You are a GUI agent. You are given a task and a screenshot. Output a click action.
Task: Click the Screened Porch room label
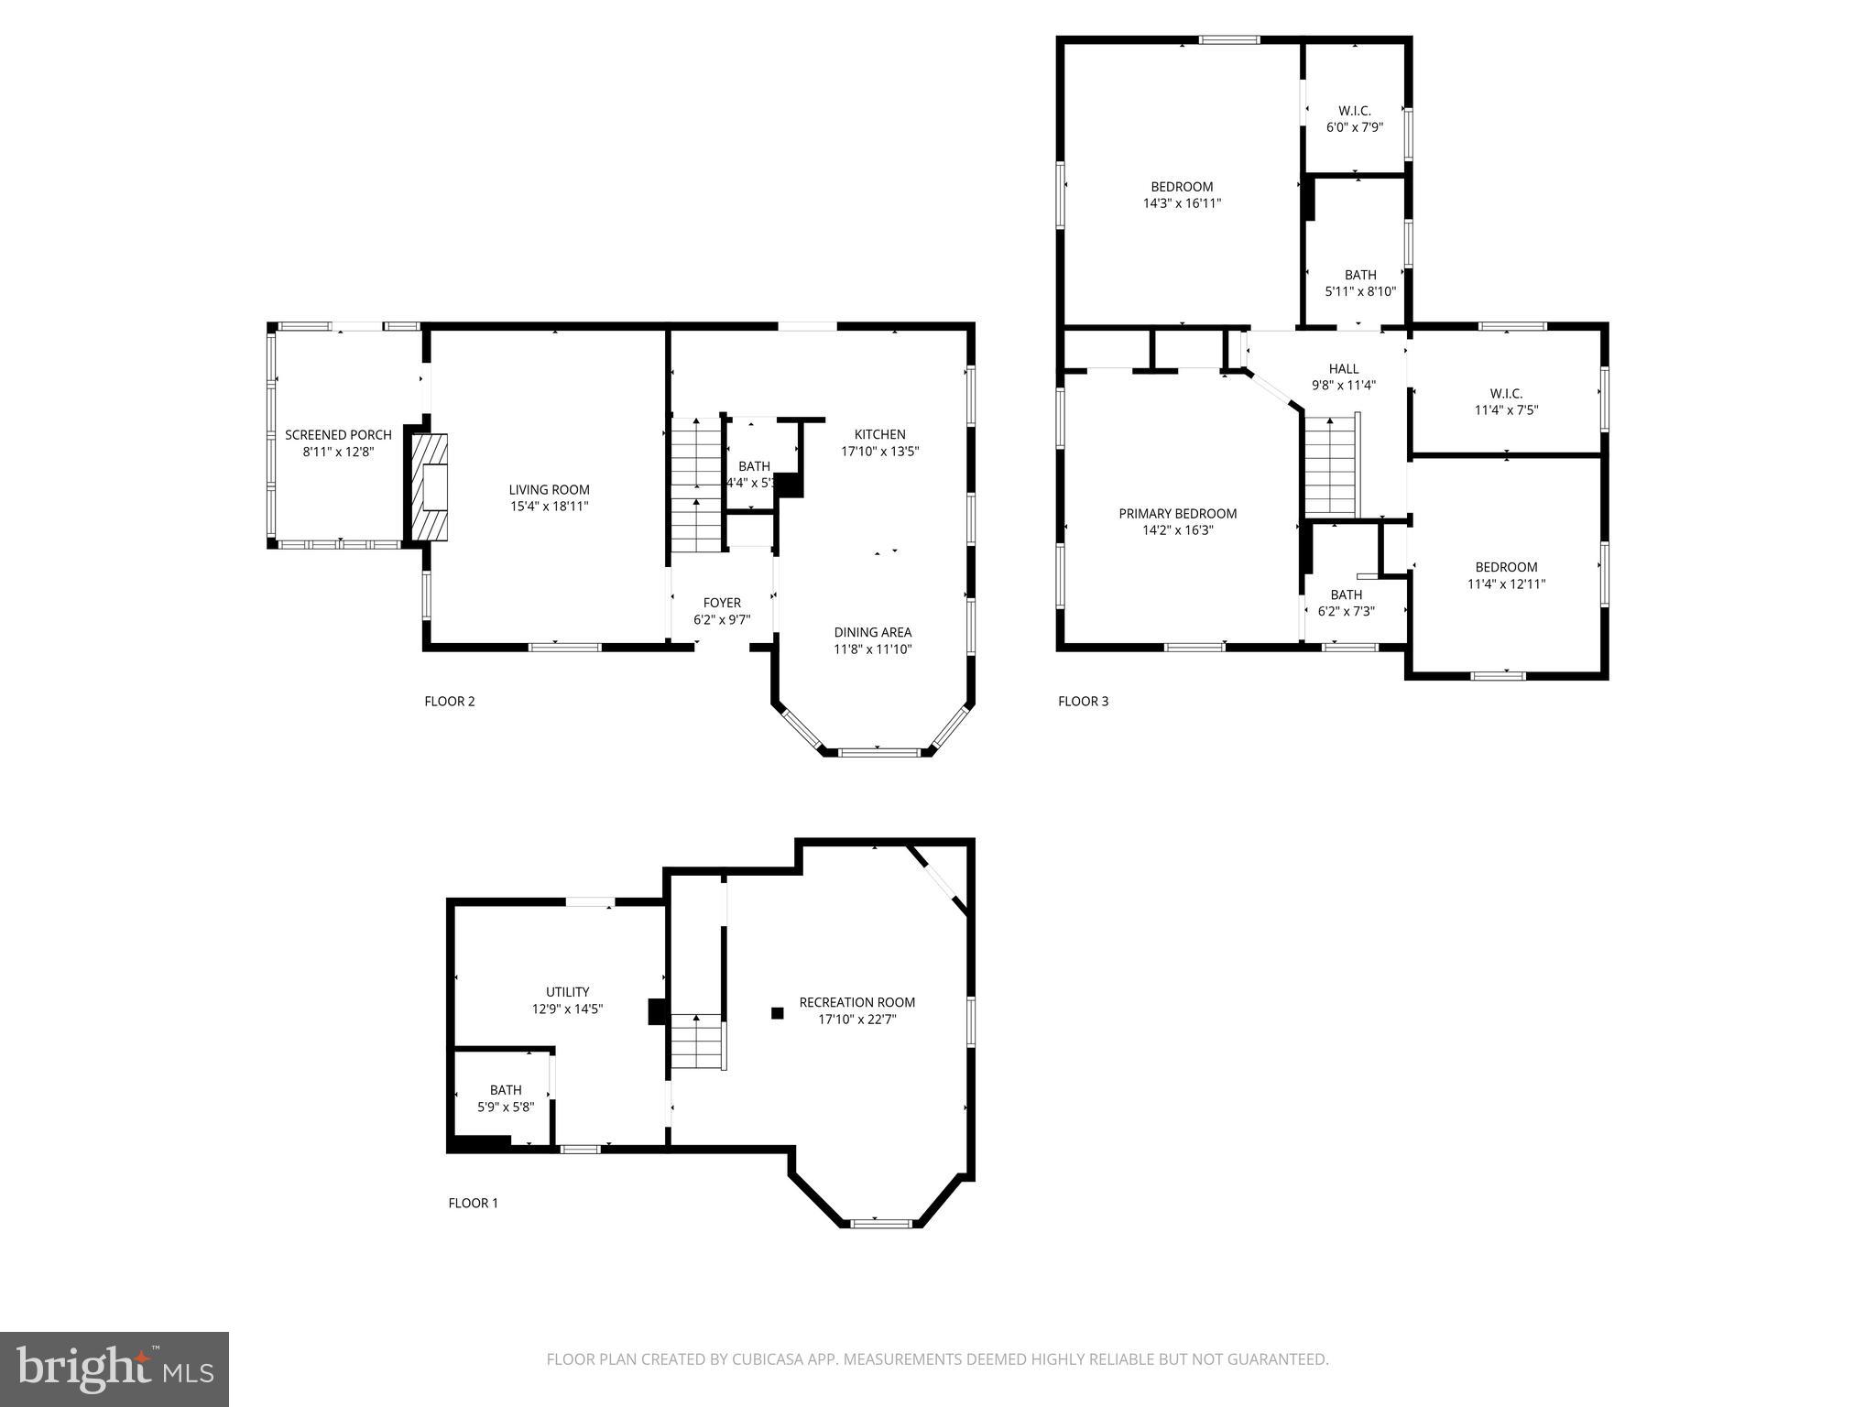coord(338,435)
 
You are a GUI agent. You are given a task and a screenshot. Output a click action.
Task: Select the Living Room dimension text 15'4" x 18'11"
coord(549,507)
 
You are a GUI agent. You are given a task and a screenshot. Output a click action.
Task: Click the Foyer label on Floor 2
coord(722,603)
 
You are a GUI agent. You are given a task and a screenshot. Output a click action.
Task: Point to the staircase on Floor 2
coord(697,485)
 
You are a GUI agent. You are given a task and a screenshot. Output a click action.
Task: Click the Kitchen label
coord(879,434)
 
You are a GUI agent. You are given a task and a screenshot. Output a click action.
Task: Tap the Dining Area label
coord(872,632)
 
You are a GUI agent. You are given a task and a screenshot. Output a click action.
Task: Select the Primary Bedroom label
coord(1177,514)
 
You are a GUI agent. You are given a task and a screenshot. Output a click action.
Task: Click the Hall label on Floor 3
coord(1344,369)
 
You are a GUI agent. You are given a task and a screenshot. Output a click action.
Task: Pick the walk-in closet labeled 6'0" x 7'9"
coord(1354,119)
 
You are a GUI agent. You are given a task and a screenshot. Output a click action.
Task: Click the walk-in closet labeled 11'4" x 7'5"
coord(1505,402)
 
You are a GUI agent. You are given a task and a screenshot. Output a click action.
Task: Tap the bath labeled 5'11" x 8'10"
coord(1360,283)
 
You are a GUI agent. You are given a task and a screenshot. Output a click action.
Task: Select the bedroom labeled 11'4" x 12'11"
coord(1506,575)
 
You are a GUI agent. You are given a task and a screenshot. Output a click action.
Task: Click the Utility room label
coord(567,992)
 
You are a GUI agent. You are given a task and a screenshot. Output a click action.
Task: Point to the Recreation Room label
coord(856,1002)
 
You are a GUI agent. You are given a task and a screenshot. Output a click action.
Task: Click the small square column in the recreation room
coord(777,1013)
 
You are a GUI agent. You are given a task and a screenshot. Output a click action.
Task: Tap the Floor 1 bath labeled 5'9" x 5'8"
coord(506,1098)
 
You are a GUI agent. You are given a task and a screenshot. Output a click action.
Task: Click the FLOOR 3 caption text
coord(1083,702)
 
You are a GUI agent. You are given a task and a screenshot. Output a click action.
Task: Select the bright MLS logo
coord(114,1369)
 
